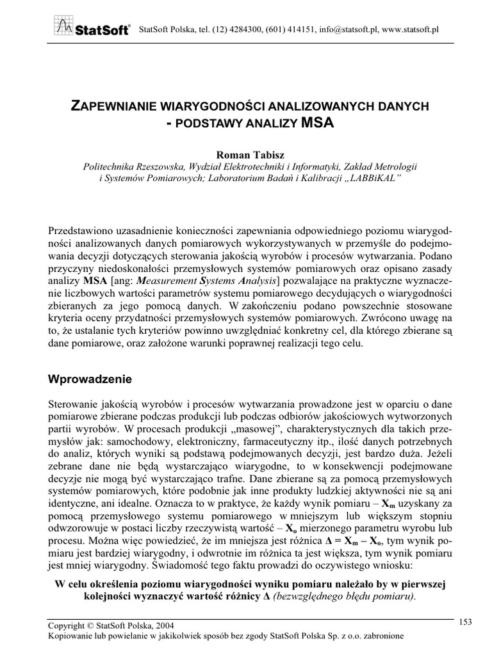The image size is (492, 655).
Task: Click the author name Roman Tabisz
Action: point(246,153)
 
